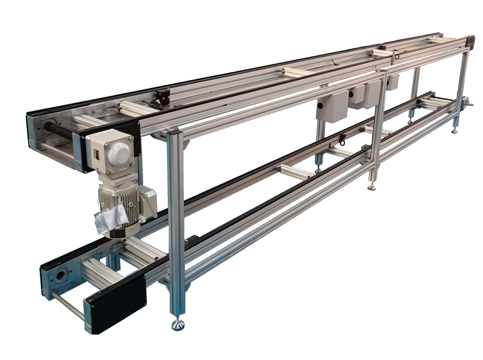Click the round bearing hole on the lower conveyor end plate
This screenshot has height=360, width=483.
click(x=61, y=276)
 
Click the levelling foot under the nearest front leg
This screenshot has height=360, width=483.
click(x=178, y=324)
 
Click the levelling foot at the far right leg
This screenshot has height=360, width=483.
click(x=453, y=131)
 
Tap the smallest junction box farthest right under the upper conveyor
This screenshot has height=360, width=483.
click(x=392, y=82)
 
